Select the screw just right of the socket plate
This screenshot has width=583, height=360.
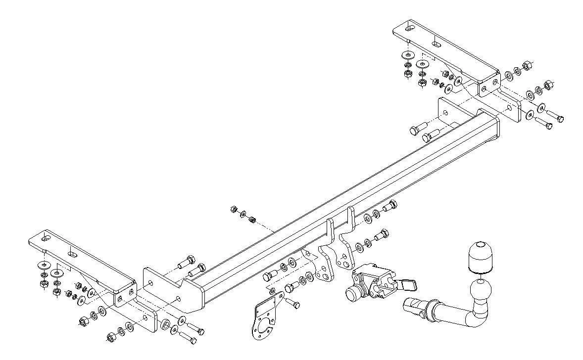(293, 302)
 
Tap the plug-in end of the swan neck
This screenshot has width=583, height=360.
(411, 307)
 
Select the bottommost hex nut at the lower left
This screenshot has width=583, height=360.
(110, 338)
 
